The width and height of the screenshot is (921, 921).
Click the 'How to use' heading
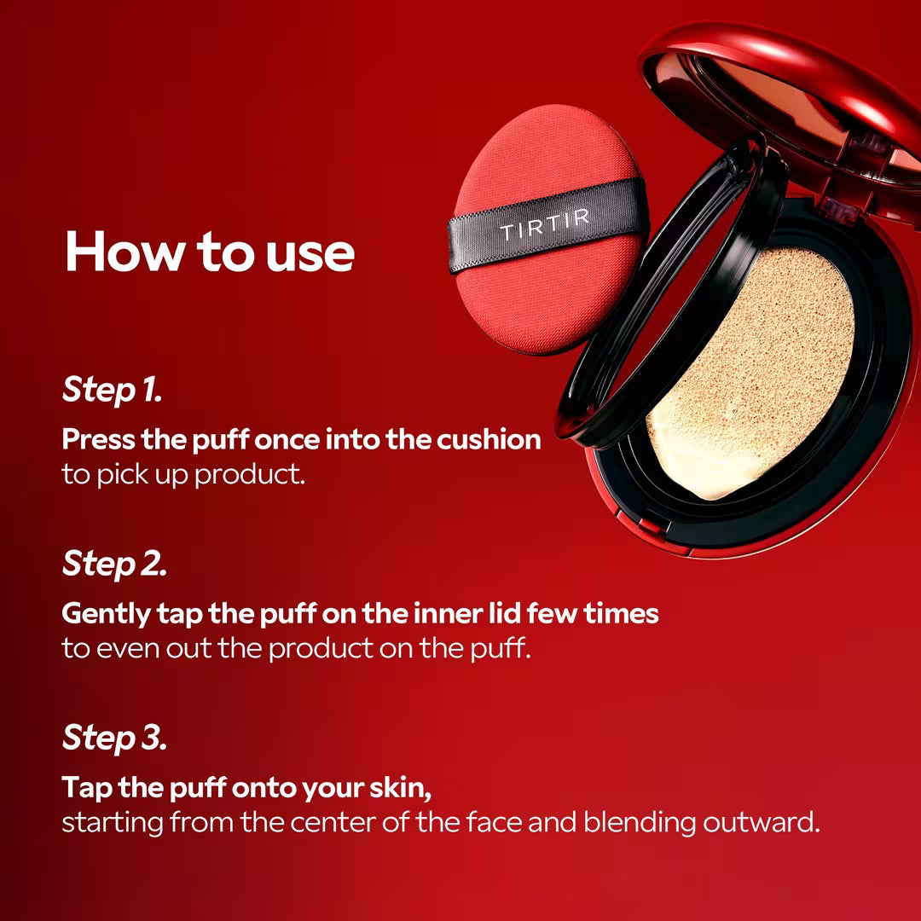(209, 252)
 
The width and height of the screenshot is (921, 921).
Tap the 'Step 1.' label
(112, 390)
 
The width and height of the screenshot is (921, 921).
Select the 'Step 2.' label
(114, 564)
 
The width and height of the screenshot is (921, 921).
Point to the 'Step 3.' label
(114, 738)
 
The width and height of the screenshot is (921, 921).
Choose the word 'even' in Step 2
(126, 649)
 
